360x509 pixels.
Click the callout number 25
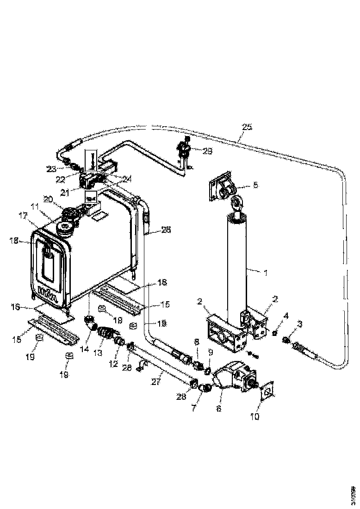click(x=248, y=127)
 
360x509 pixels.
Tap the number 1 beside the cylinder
click(x=266, y=272)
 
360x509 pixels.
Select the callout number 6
click(x=219, y=409)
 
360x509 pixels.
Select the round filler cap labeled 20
click(x=71, y=214)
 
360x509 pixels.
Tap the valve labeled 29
click(x=183, y=150)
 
